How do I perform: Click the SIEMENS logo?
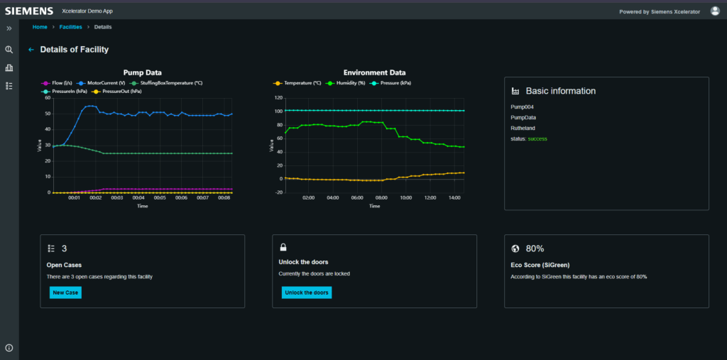coord(29,11)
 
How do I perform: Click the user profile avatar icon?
coord(715,11)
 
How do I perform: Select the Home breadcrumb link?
coord(40,27)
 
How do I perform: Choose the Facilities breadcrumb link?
coord(70,27)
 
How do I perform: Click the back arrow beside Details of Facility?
coord(31,50)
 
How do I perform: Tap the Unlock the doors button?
coord(307,293)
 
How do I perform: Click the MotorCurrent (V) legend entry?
coord(105,83)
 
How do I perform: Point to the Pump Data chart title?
coord(142,72)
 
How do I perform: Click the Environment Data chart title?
coord(374,72)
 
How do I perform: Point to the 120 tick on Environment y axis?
coord(278,98)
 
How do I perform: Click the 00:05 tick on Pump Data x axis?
coord(160,198)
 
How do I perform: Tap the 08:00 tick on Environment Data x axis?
coord(381,198)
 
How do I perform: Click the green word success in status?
coord(537,138)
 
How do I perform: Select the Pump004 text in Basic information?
coord(522,107)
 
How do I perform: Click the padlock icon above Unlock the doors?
coord(283,248)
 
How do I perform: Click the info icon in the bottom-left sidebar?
coord(9,348)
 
